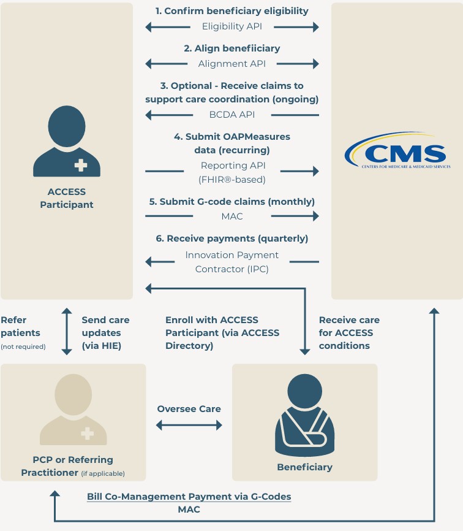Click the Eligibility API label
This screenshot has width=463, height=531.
point(232,27)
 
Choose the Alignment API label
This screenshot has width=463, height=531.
point(232,64)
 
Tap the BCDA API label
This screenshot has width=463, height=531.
point(232,115)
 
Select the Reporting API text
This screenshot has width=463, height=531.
point(232,166)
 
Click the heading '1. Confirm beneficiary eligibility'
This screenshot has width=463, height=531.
point(232,11)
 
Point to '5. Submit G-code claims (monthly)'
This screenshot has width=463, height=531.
point(232,202)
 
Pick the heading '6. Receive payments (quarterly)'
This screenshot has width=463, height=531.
point(232,239)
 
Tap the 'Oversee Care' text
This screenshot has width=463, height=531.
point(189,409)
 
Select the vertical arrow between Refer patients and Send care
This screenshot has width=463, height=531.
point(67,332)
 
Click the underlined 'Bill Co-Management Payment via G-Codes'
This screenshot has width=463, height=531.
point(189,496)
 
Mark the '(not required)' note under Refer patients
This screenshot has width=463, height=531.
point(23,346)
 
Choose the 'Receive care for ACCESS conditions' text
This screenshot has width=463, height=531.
point(349,333)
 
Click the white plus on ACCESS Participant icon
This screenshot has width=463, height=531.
point(80,165)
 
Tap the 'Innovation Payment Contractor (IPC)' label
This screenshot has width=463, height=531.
point(232,262)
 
